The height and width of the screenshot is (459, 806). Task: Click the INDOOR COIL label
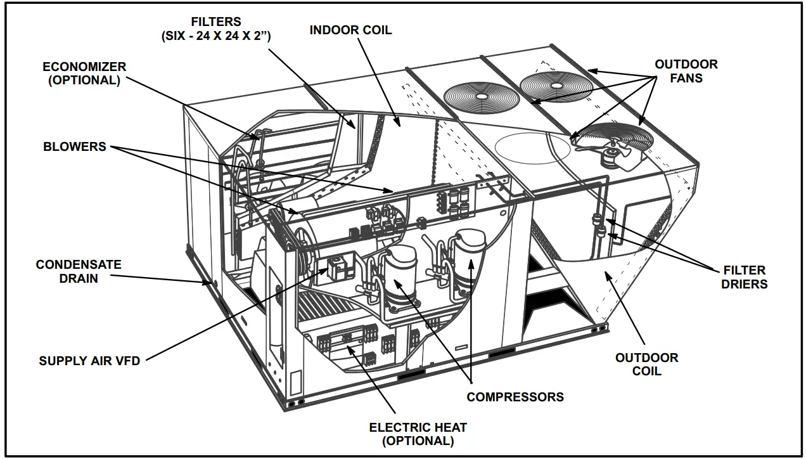pos(350,30)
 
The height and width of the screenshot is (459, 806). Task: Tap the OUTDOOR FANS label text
pos(686,71)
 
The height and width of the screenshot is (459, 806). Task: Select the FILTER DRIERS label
pos(744,277)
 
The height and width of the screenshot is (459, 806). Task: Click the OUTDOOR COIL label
pos(646,364)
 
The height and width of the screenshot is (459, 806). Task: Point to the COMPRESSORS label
pos(515,397)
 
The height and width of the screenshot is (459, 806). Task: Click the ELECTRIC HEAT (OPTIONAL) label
pos(418,434)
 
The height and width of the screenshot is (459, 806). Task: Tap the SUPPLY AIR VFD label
pos(89,361)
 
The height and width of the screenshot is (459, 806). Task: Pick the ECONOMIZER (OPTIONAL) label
pos(84,73)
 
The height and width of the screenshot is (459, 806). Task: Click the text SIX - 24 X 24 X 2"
pos(215,36)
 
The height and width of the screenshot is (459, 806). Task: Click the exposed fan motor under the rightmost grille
pos(613,156)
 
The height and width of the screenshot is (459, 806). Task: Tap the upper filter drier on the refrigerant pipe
pos(596,221)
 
